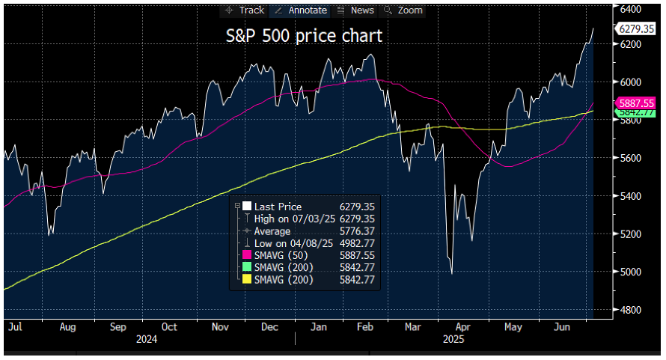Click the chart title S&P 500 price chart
tap(304, 35)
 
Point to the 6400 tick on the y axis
tap(630, 8)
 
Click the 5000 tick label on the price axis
tap(630, 272)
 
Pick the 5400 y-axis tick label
tap(630, 196)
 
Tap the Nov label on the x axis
tap(220, 327)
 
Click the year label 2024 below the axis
tap(147, 339)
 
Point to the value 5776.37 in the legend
tap(356, 231)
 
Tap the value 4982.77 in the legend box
tap(356, 244)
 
